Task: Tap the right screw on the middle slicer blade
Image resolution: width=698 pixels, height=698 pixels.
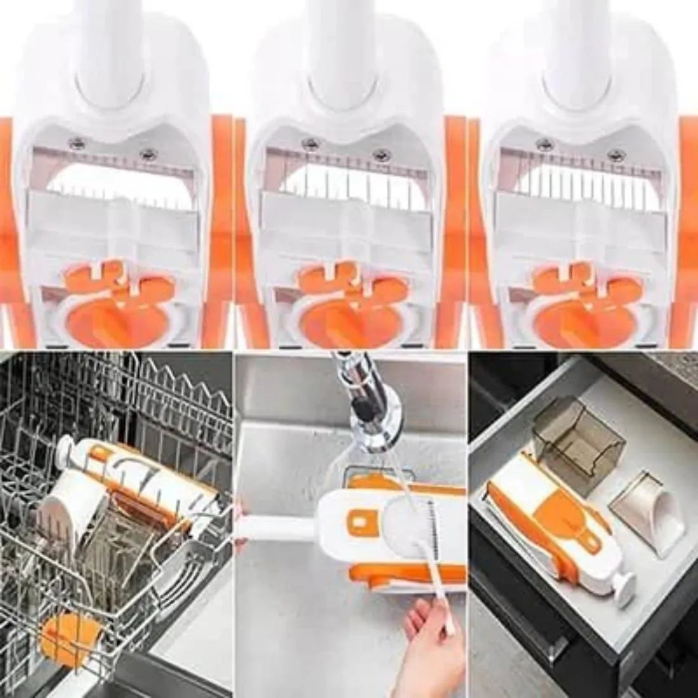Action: click(383, 154)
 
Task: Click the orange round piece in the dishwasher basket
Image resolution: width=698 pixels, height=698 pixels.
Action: click(65, 641)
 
